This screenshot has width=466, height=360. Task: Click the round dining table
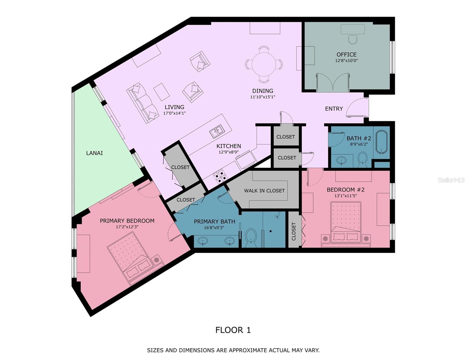[263, 64]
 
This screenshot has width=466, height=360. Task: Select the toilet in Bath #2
[363, 160]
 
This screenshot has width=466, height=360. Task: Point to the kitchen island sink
[217, 131]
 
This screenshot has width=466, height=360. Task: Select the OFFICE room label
[346, 55]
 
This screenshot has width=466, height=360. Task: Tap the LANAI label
[94, 153]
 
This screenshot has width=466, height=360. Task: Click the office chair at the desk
[353, 40]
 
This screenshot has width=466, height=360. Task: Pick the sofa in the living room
[143, 103]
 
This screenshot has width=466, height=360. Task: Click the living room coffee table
[161, 92]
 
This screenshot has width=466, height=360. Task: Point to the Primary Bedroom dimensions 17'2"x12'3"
[127, 227]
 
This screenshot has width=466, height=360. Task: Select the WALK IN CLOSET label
[264, 190]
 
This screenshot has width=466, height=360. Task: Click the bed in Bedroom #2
[346, 224]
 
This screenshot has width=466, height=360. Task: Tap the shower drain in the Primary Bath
[271, 231]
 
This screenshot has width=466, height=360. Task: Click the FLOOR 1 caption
[233, 330]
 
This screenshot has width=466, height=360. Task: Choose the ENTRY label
[334, 109]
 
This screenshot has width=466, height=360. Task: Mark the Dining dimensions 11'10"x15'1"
[263, 97]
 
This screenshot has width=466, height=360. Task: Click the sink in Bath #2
[341, 160]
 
